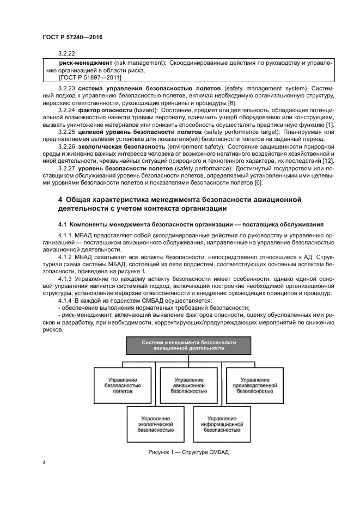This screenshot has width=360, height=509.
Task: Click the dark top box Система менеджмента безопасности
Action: pyautogui.click(x=188, y=345)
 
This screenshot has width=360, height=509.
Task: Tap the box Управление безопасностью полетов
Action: pyautogui.click(x=123, y=384)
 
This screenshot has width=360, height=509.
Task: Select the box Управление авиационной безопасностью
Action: pyautogui.click(x=188, y=384)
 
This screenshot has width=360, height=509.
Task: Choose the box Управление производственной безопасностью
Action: pyautogui.click(x=254, y=384)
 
